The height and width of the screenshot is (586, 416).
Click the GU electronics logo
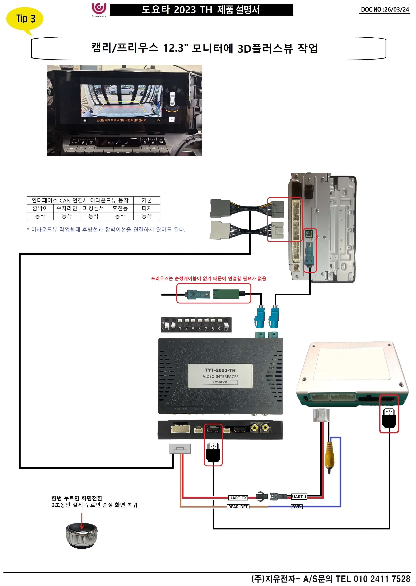[x=99, y=10]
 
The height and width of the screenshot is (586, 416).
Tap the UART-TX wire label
[x=238, y=498]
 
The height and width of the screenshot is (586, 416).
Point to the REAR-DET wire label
[x=238, y=507]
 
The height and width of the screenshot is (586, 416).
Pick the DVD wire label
[x=296, y=507]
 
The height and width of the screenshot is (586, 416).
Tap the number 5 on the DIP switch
[x=193, y=329]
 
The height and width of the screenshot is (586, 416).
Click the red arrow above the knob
[x=82, y=521]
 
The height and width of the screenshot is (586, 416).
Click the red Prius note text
[x=209, y=278]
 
